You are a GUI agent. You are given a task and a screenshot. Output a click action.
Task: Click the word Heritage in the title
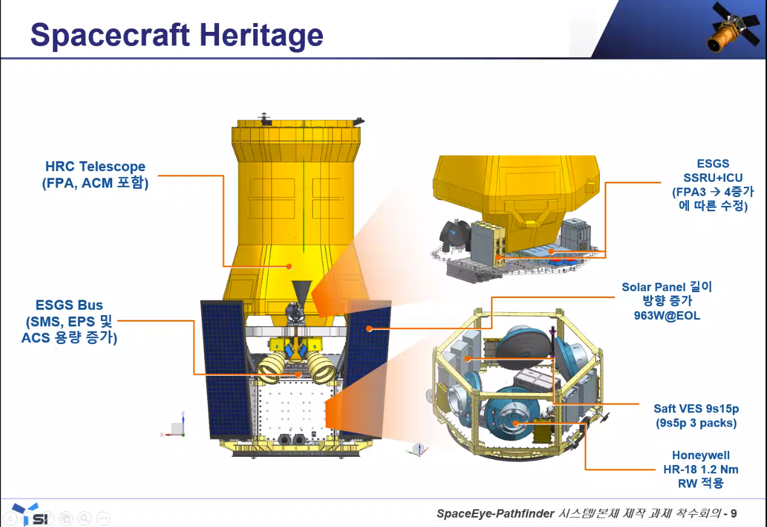(261, 35)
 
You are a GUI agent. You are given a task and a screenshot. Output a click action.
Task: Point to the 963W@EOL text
(667, 316)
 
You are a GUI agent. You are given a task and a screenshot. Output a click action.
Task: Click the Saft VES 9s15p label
(696, 408)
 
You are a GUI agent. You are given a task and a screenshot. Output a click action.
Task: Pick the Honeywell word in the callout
(701, 455)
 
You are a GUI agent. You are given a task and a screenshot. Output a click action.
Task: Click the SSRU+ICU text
(713, 178)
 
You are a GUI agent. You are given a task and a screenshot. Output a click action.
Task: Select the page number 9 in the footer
(733, 513)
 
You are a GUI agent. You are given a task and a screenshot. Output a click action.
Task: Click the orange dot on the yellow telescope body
(289, 267)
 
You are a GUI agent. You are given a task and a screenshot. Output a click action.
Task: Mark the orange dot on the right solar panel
(369, 329)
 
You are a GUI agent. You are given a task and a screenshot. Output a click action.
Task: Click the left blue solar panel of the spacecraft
(226, 369)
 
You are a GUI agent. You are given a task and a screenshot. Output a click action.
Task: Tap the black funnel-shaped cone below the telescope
(302, 292)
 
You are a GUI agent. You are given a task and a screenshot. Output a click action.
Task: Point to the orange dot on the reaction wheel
(515, 424)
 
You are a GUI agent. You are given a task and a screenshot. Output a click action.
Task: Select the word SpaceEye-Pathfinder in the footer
(495, 513)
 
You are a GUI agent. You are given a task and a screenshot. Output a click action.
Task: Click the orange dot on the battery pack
(468, 359)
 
